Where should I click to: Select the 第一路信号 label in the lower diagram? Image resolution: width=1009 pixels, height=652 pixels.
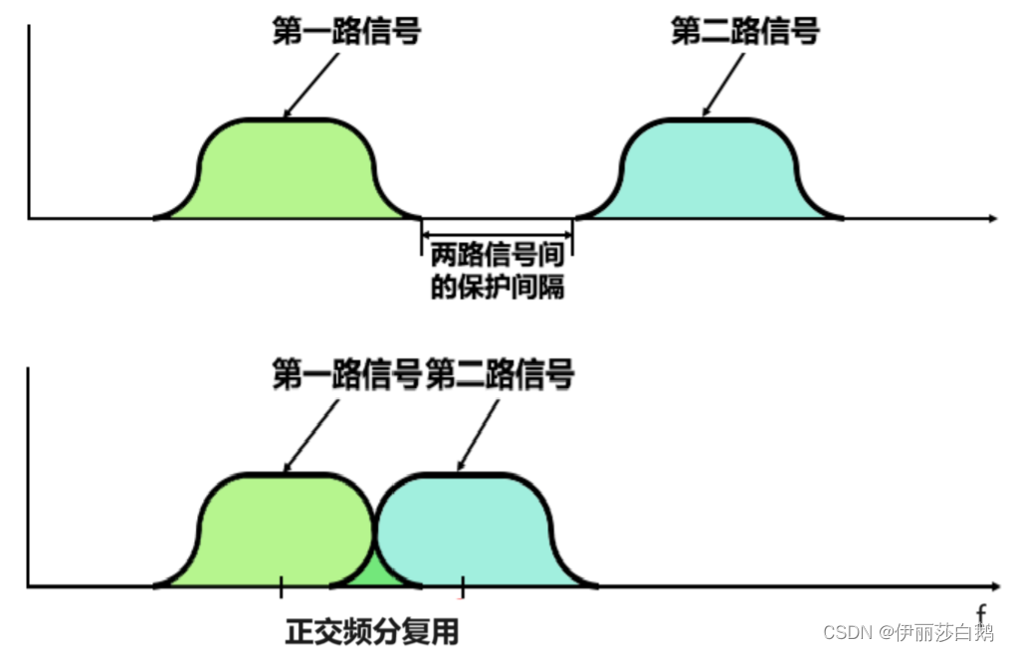pyautogui.click(x=346, y=376)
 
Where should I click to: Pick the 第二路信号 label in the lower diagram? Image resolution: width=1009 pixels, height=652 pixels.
pyautogui.click(x=501, y=376)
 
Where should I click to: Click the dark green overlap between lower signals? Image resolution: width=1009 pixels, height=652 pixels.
pyautogui.click(x=375, y=569)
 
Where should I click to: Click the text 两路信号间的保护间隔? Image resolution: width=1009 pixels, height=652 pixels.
pyautogui.click(x=498, y=272)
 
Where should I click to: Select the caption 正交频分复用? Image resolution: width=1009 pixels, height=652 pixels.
pyautogui.click(x=373, y=631)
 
